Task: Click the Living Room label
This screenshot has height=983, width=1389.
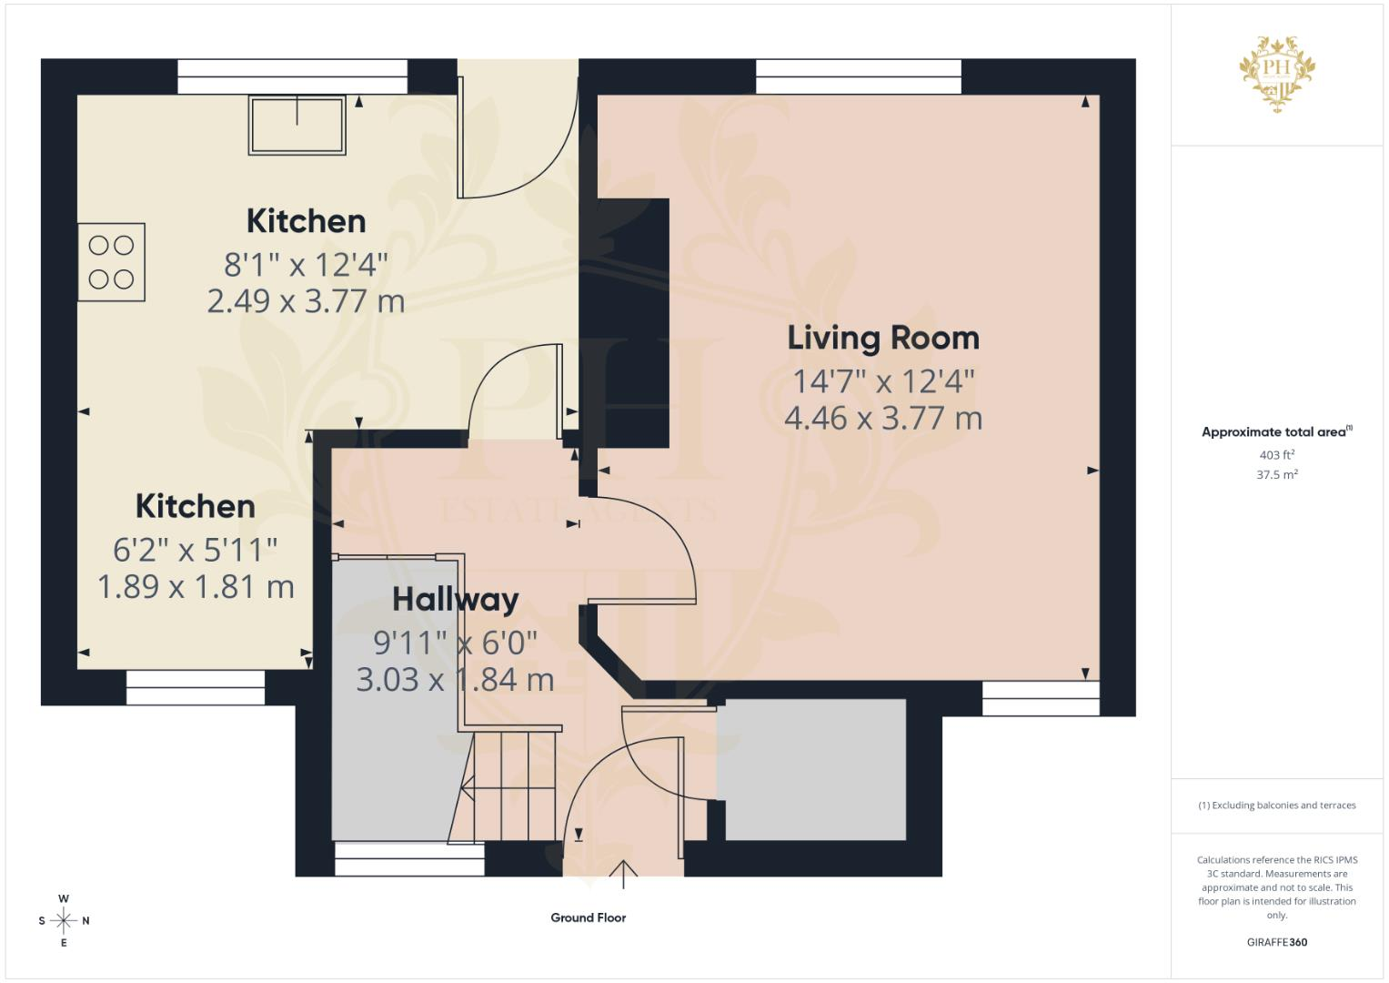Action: point(883,339)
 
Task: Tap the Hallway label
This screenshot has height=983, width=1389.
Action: point(456,601)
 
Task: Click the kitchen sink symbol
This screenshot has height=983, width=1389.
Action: point(297,126)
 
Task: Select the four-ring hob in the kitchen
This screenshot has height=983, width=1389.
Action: point(112,262)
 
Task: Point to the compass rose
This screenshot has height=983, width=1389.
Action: point(64,920)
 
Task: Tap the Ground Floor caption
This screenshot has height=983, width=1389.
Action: point(588,917)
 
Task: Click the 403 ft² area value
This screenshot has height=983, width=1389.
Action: point(1277,455)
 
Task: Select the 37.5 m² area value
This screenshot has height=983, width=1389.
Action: point(1277,475)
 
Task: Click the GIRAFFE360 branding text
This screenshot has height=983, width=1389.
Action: point(1277,942)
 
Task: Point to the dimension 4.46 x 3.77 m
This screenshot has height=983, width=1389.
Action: point(883,419)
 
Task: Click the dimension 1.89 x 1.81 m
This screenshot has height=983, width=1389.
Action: point(196,587)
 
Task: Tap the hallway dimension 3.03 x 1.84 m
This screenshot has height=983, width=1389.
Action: point(455,680)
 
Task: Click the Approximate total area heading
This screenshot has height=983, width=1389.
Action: point(1277,432)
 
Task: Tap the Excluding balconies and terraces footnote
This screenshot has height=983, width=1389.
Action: point(1277,806)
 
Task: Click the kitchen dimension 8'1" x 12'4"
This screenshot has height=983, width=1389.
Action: point(306,265)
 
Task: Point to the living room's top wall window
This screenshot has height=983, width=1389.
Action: point(858,76)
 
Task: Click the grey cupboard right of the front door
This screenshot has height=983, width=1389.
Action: point(815,770)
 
